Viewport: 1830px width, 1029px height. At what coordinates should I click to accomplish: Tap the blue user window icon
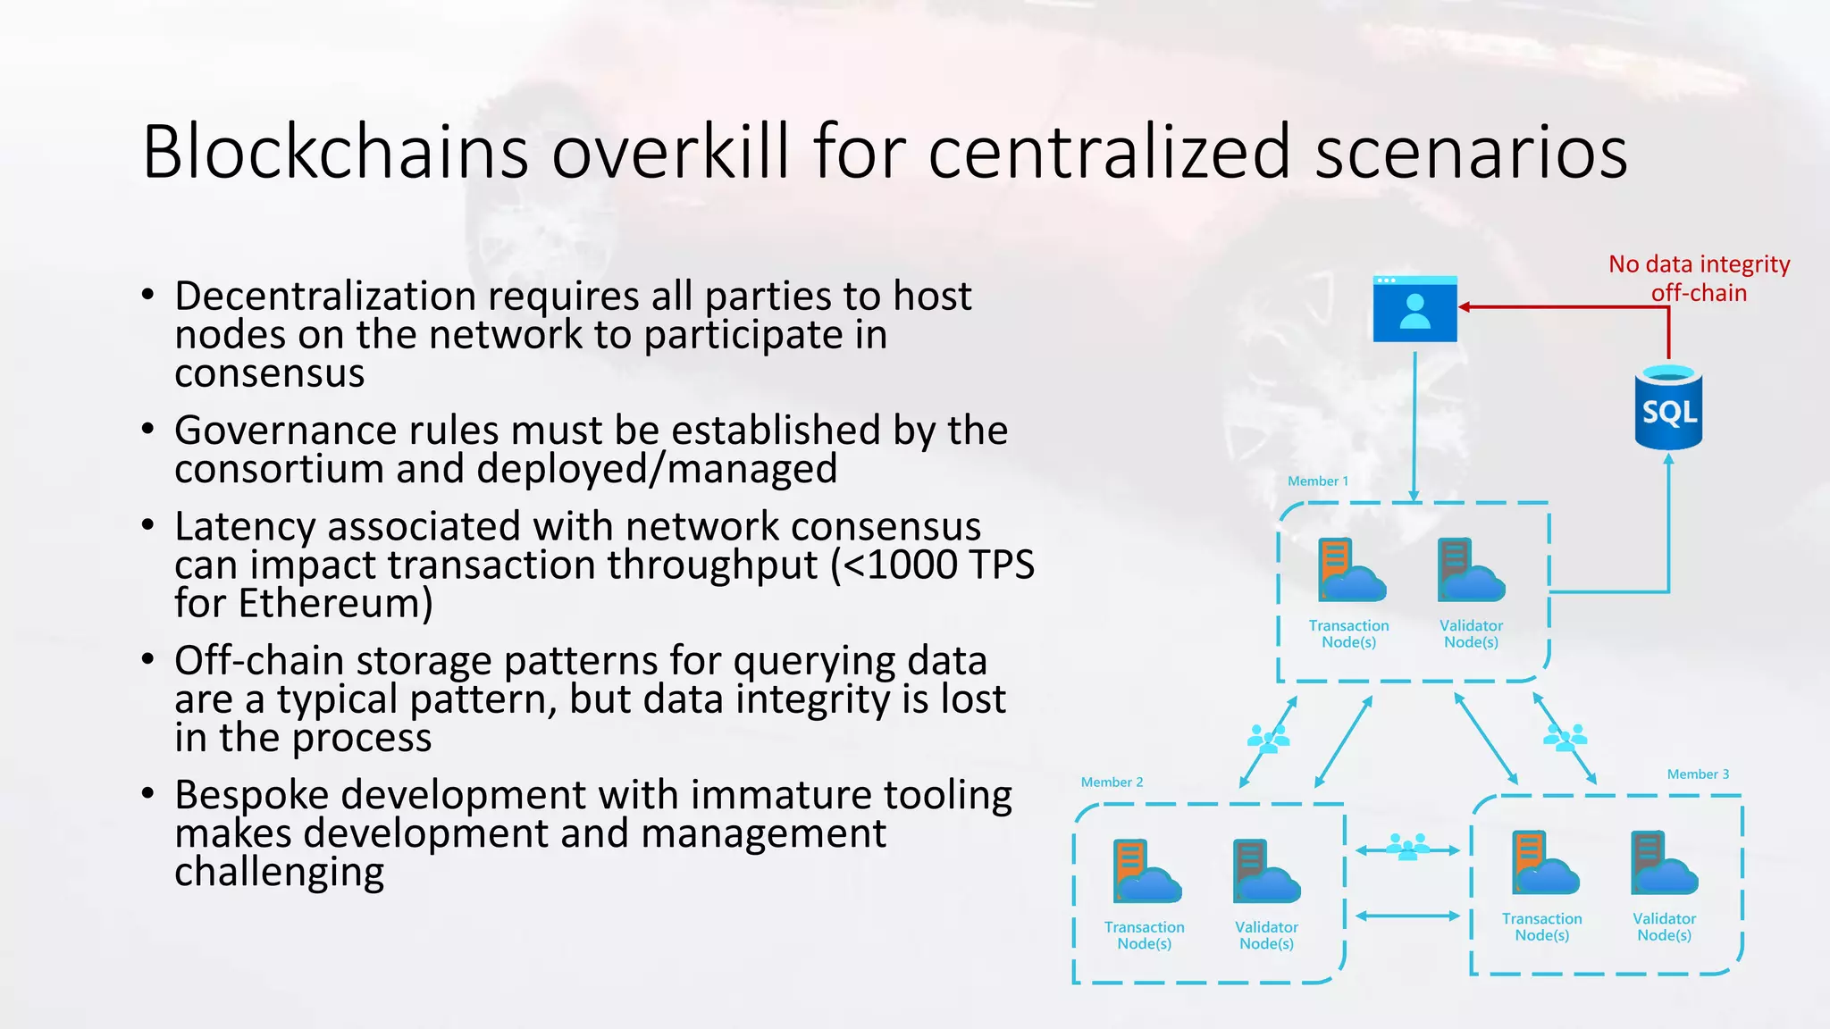pyautogui.click(x=1414, y=309)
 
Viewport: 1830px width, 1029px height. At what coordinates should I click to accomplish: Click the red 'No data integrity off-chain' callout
pyautogui.click(x=1699, y=278)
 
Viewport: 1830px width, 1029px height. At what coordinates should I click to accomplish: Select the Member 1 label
pyautogui.click(x=1318, y=481)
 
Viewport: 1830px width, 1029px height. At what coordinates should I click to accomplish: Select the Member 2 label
pyautogui.click(x=1112, y=782)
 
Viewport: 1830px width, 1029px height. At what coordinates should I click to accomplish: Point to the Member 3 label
pyautogui.click(x=1698, y=774)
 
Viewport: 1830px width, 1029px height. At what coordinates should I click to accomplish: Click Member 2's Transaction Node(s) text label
pyautogui.click(x=1144, y=935)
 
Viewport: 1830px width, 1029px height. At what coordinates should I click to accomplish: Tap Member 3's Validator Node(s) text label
pyautogui.click(x=1664, y=926)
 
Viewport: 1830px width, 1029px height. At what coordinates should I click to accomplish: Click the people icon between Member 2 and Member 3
pyautogui.click(x=1407, y=846)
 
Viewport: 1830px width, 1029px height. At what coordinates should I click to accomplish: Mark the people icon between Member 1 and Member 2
pyautogui.click(x=1268, y=738)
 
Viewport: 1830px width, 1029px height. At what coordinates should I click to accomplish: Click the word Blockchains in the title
pyautogui.click(x=335, y=152)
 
